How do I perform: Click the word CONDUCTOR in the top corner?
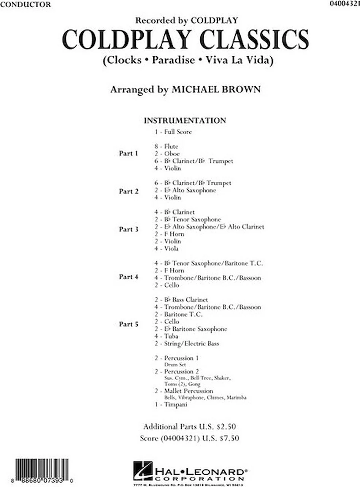[x=25, y=5]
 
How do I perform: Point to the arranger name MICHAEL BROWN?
[x=217, y=90]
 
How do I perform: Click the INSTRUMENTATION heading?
[x=185, y=121]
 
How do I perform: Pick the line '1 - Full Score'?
[x=173, y=132]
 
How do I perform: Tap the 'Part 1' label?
[x=128, y=153]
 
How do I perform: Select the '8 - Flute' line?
[x=166, y=146]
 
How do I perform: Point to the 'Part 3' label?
[x=128, y=229]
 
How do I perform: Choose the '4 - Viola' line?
[x=166, y=248]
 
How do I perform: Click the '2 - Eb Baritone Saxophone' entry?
[x=190, y=329]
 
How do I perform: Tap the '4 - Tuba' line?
[x=166, y=336]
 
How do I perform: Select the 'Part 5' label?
[x=128, y=325]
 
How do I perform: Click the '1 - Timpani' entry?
[x=171, y=405]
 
